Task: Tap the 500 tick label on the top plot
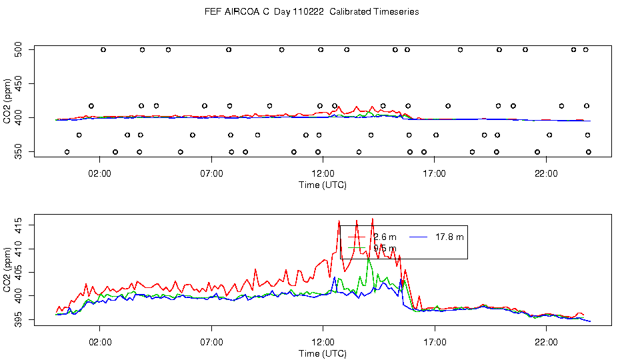(x=19, y=49)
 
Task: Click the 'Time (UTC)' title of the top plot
(x=322, y=185)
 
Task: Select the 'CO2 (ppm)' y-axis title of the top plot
(x=9, y=101)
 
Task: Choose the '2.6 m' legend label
(x=385, y=237)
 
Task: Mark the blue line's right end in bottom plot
(x=590, y=321)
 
